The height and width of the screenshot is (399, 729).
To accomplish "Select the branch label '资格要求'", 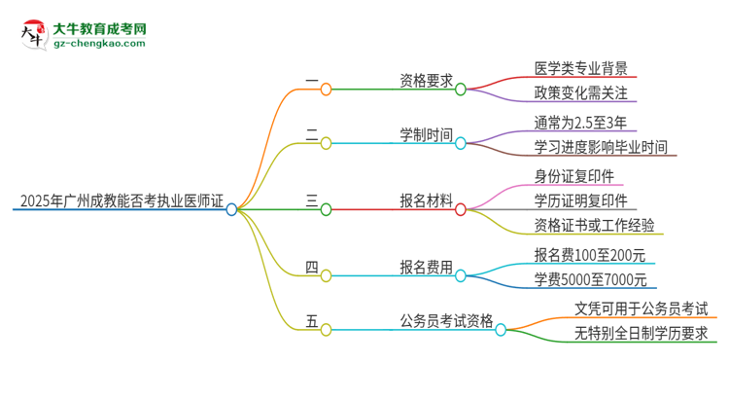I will tap(426, 81).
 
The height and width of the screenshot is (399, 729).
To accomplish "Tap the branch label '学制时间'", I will tap(426, 135).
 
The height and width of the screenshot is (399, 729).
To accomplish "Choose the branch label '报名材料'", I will tap(426, 201).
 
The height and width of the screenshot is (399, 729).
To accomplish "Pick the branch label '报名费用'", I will tap(426, 268).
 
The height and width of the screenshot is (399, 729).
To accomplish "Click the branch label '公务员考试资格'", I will tap(446, 322).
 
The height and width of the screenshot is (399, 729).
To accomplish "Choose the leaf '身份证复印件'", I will tap(573, 176).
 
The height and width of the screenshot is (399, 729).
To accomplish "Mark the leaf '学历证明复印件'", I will tap(580, 201).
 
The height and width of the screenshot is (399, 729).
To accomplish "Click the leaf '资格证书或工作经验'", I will tap(594, 227).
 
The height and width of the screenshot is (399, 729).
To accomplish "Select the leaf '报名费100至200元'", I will tap(589, 256).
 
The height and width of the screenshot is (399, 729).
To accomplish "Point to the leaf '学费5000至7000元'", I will tap(589, 281).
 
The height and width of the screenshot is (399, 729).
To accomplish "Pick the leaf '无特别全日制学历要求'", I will tap(641, 335).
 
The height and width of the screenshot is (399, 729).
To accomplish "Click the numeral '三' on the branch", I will tap(312, 201).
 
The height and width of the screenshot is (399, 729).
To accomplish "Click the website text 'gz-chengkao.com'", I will tap(100, 44).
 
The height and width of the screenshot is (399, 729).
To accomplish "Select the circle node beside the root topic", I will tap(231, 209).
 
